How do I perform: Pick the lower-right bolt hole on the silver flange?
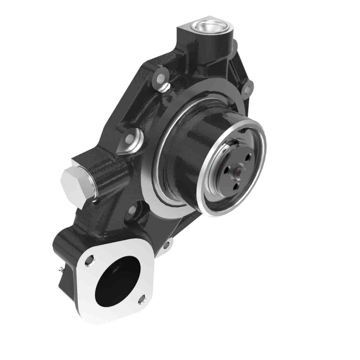[x=141, y=298]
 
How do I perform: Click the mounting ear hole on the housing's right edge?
[x=248, y=88]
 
